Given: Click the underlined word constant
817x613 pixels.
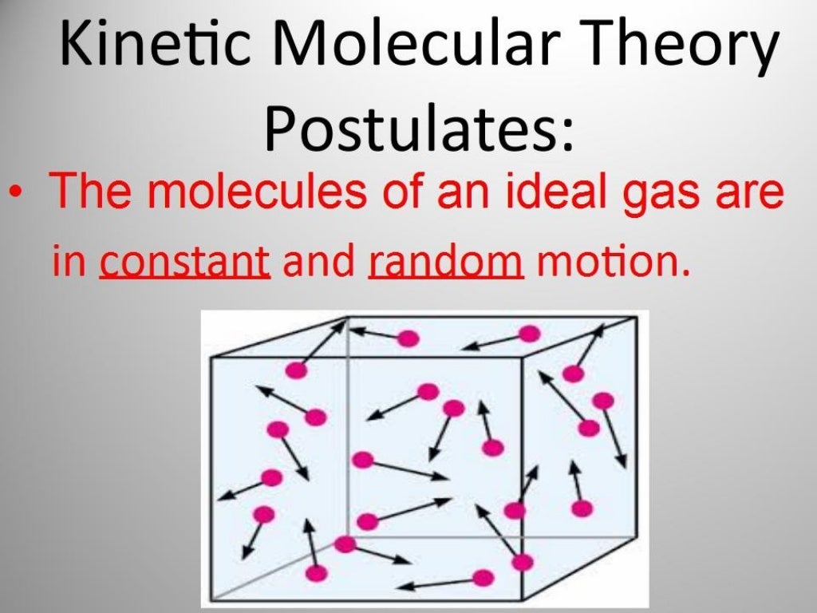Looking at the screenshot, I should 184,261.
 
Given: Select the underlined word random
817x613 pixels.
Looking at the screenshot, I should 446,261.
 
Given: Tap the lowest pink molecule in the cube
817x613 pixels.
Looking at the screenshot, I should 482,577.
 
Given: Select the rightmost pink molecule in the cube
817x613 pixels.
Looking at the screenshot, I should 603,400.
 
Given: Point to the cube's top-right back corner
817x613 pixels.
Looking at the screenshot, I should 637,318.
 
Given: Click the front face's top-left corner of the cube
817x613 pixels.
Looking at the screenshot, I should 211,358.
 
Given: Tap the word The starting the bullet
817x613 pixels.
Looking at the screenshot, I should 86,194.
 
